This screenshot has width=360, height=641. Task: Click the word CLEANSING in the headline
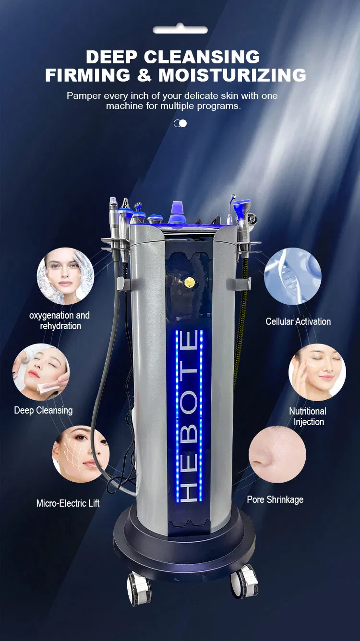coord(202,57)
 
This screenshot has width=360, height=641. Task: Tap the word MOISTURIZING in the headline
coord(232,75)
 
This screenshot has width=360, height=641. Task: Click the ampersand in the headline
coord(144,75)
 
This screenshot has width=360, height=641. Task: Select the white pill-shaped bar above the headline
coord(180,29)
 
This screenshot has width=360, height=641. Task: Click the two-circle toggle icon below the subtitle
coord(180,123)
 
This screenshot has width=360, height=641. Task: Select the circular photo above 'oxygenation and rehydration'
coord(65,276)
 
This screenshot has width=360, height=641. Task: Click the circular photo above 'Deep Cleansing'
coord(41,372)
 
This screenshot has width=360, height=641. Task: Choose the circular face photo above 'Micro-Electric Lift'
coord(81,454)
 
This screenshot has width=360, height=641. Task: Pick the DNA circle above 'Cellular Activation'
coord(293,276)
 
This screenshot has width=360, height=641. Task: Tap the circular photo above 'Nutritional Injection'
coord(317,372)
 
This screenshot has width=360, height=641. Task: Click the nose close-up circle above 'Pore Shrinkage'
coord(277,454)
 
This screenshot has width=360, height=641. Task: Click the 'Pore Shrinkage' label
coord(275,499)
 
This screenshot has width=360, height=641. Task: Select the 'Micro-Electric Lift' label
coord(68,503)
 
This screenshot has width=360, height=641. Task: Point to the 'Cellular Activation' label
coord(298,321)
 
